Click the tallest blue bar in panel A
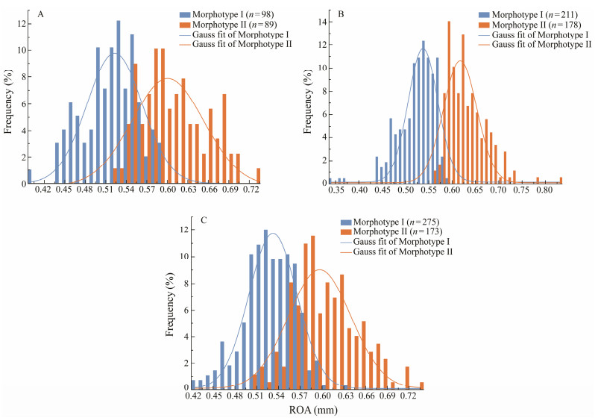click(118, 102)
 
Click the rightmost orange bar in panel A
click(258, 175)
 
